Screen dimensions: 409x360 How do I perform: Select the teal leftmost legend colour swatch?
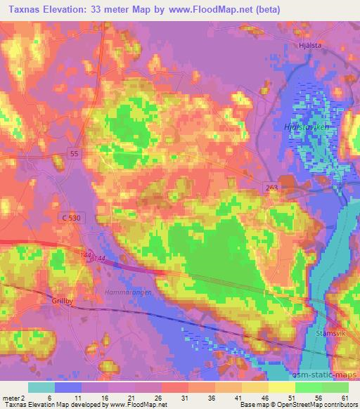(41, 387)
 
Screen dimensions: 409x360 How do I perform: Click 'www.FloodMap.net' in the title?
(217, 9)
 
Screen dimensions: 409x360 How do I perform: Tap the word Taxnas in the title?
(25, 9)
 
